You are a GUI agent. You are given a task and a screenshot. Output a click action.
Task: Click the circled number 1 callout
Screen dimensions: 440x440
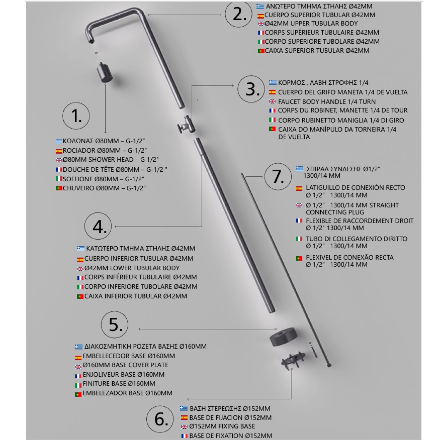[x=76, y=116]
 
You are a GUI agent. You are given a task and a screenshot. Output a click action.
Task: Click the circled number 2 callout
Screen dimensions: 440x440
[x=238, y=14]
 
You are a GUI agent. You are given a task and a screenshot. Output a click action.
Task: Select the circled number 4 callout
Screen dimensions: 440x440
[x=98, y=226]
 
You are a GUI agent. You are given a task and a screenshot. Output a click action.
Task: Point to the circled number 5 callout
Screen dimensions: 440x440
[x=115, y=325]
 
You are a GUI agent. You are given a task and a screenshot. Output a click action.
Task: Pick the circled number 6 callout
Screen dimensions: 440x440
[x=160, y=419]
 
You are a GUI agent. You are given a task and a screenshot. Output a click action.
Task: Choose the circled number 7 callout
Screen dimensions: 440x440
[x=278, y=177]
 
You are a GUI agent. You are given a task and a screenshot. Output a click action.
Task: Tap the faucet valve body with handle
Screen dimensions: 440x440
[x=186, y=125]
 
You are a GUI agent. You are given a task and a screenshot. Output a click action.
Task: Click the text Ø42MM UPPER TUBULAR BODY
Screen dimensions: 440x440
[x=311, y=23]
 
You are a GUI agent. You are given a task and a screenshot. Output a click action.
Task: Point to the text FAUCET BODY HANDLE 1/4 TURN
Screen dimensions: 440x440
[x=326, y=102]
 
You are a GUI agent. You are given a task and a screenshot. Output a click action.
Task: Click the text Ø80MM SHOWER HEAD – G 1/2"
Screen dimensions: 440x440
[x=111, y=160]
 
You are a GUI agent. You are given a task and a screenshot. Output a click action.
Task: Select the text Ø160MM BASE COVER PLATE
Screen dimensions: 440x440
[x=125, y=365]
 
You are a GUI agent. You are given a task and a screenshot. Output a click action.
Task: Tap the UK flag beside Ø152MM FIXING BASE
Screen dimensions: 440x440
[x=184, y=427]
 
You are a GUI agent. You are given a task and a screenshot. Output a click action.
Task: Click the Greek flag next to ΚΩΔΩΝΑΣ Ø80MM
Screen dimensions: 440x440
[x=59, y=141]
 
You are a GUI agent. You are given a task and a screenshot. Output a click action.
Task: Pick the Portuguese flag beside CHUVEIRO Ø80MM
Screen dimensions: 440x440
[x=59, y=188]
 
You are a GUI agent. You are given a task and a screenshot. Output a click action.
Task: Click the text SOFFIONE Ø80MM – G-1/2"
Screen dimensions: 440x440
[x=103, y=179]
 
